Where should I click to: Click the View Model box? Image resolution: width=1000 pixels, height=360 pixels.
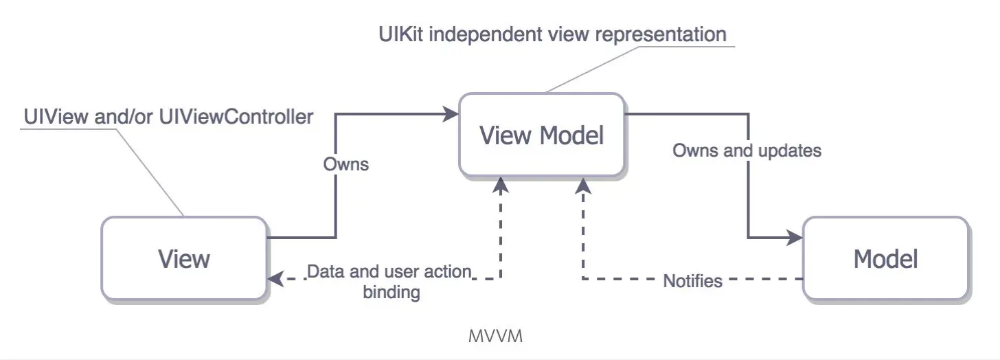[541, 135]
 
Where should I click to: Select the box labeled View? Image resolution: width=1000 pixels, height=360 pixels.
[183, 258]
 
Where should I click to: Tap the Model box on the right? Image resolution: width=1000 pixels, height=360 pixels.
[885, 258]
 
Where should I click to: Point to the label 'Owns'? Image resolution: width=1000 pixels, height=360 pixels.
[345, 164]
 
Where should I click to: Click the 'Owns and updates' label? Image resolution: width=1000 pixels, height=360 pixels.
[747, 150]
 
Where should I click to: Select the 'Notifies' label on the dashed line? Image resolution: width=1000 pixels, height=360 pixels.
[692, 280]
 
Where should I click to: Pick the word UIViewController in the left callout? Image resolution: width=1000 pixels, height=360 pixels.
[236, 117]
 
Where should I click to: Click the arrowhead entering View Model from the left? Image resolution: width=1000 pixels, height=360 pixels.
[451, 115]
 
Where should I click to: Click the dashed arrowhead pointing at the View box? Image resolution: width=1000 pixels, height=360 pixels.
[275, 279]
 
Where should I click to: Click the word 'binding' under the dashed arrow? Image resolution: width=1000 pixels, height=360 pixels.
[391, 292]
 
